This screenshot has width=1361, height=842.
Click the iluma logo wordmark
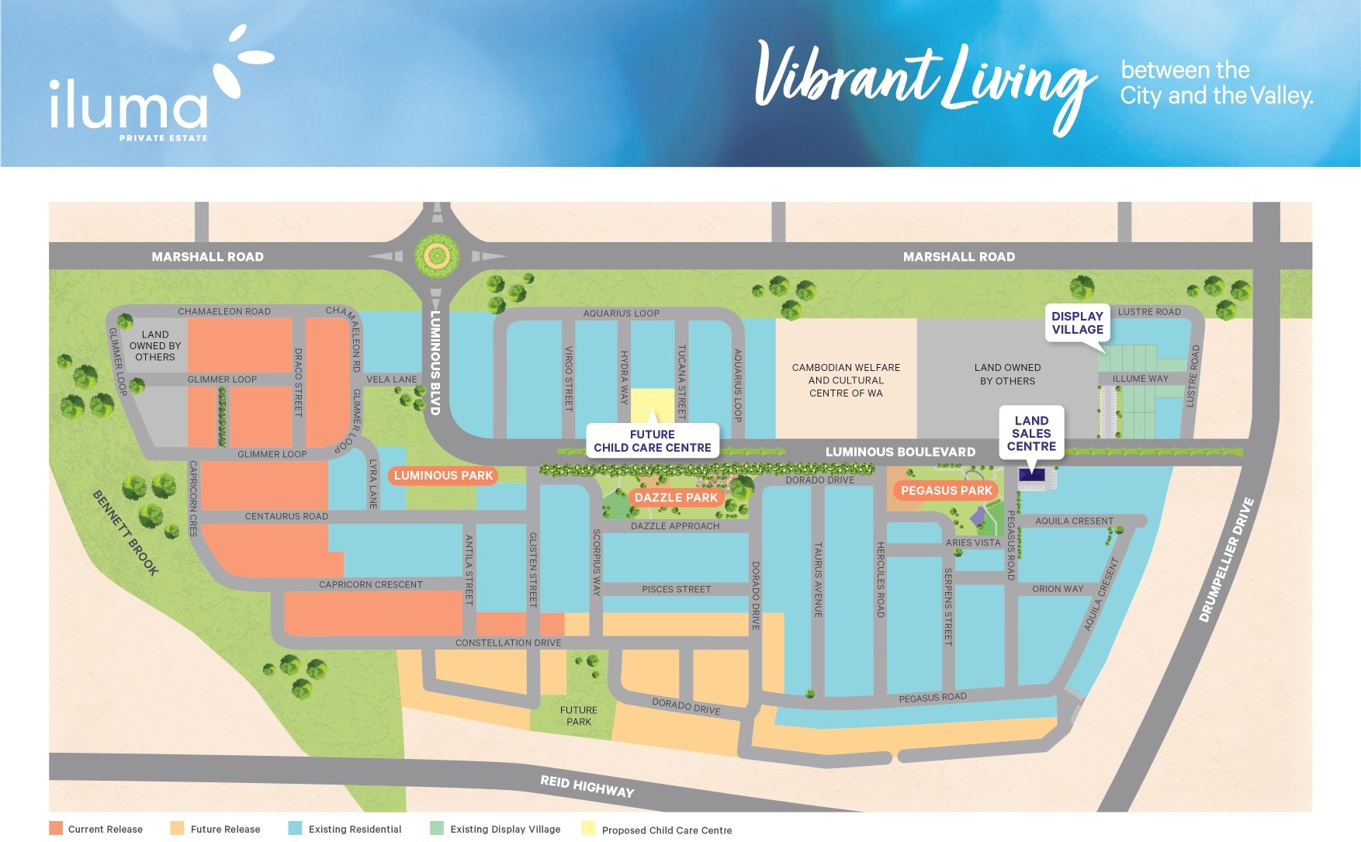(x=129, y=105)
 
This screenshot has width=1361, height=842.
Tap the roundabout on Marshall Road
(x=437, y=255)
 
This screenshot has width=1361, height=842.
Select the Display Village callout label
(x=1077, y=323)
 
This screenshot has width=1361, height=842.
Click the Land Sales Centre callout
(x=1031, y=433)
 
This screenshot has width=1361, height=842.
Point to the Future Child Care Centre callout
(x=653, y=441)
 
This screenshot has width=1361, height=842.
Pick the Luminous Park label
(x=443, y=476)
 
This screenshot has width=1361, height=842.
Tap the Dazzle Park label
(x=676, y=497)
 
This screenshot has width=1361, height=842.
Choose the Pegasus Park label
(x=946, y=490)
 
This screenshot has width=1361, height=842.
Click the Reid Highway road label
(x=587, y=786)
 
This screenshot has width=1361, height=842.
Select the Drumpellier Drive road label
(x=1226, y=560)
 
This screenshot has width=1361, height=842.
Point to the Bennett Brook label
(x=126, y=533)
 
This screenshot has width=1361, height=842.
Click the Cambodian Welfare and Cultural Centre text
(x=846, y=380)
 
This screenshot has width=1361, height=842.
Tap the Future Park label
(x=579, y=716)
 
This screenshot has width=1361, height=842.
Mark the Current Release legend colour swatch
(x=56, y=828)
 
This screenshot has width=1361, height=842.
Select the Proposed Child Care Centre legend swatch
(x=589, y=829)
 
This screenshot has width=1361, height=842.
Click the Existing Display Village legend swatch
(x=437, y=828)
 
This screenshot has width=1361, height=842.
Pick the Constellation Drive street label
(x=508, y=643)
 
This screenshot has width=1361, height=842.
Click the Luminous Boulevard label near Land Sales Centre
(x=900, y=452)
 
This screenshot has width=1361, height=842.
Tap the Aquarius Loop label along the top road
(x=621, y=314)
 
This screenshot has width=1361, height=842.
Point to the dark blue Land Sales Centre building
(x=1031, y=475)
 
